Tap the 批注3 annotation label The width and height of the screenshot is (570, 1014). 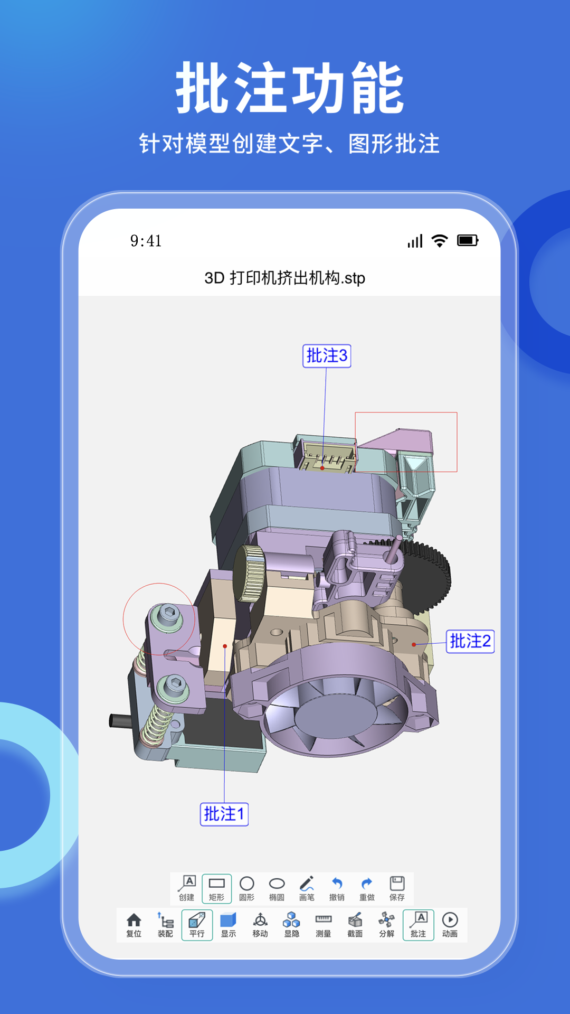point(327,356)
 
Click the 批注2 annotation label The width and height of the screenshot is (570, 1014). point(470,642)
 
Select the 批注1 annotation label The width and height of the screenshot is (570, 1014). point(224,814)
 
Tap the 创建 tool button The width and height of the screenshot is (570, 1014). point(187,888)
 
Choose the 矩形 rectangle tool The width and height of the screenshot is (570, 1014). point(217,888)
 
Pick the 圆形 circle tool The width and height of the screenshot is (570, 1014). point(247,888)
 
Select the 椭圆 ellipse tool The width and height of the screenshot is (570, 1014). point(277,888)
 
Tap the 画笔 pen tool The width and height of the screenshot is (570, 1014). point(307,888)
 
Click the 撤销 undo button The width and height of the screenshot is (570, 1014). point(337,888)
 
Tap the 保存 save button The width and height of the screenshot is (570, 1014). point(397,888)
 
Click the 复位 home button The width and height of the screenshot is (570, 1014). point(134,925)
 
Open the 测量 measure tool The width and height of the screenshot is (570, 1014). point(324,925)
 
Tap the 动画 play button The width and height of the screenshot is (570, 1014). point(450,925)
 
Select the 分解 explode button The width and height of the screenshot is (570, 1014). point(387,925)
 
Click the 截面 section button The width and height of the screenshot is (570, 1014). point(355,925)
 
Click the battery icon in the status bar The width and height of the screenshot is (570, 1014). point(468,241)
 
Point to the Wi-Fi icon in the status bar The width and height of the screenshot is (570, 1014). point(440,241)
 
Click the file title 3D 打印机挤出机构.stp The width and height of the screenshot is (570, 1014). point(285,278)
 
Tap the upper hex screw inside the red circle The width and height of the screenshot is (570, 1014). point(168,614)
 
